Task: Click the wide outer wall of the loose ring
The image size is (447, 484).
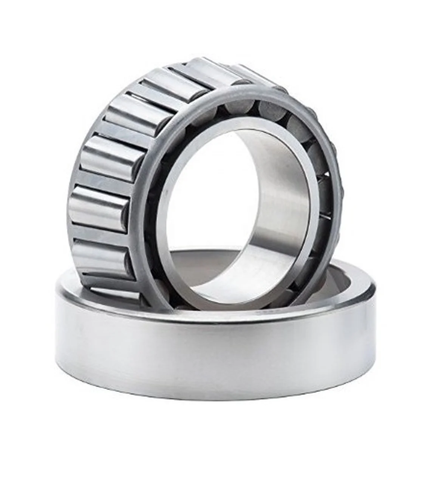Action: (215, 352)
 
